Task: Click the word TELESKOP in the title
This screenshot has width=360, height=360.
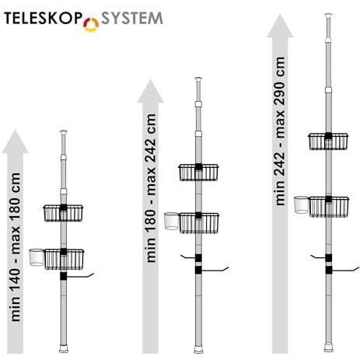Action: [x=43, y=18]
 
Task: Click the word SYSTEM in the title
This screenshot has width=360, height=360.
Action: [x=132, y=18]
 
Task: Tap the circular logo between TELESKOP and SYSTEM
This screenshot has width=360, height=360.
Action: [x=91, y=25]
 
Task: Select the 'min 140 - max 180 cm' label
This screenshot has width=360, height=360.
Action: [x=16, y=247]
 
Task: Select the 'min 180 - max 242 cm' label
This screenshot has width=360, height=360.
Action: [x=151, y=188]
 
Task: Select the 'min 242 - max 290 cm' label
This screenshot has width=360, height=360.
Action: [x=280, y=131]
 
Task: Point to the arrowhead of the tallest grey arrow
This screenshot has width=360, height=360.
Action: [x=280, y=26]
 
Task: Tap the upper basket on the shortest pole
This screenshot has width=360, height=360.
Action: [x=63, y=213]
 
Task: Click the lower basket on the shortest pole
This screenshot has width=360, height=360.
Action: [x=64, y=259]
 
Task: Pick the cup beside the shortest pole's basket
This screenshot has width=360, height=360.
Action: [x=37, y=257]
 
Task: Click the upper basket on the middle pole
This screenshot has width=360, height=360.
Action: [x=198, y=173]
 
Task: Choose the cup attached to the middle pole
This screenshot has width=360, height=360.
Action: [x=172, y=221]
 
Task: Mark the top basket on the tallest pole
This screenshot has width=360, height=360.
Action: [x=328, y=142]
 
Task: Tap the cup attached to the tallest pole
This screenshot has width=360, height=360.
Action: [x=302, y=205]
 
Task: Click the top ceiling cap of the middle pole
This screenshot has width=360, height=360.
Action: [x=198, y=79]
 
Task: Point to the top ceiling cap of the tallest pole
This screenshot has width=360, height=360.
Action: [x=329, y=15]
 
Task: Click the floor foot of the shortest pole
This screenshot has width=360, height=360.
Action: [x=64, y=348]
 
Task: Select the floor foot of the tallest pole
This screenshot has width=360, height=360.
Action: [x=329, y=348]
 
